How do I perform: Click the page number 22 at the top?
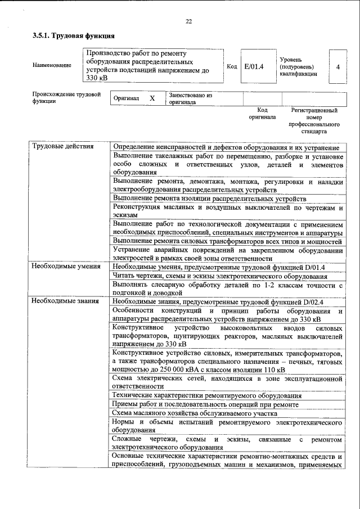pos(188,21)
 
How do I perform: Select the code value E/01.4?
pos(254,66)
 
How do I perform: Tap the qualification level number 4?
pos(337,66)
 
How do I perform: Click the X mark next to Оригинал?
pos(151,98)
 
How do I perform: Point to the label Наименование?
pos(52,66)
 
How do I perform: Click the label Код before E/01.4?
pos(231,66)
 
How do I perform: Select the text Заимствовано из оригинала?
pos(190,99)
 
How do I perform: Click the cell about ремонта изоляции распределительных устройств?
pos(209,199)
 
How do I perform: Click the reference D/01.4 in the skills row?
pos(313,267)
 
